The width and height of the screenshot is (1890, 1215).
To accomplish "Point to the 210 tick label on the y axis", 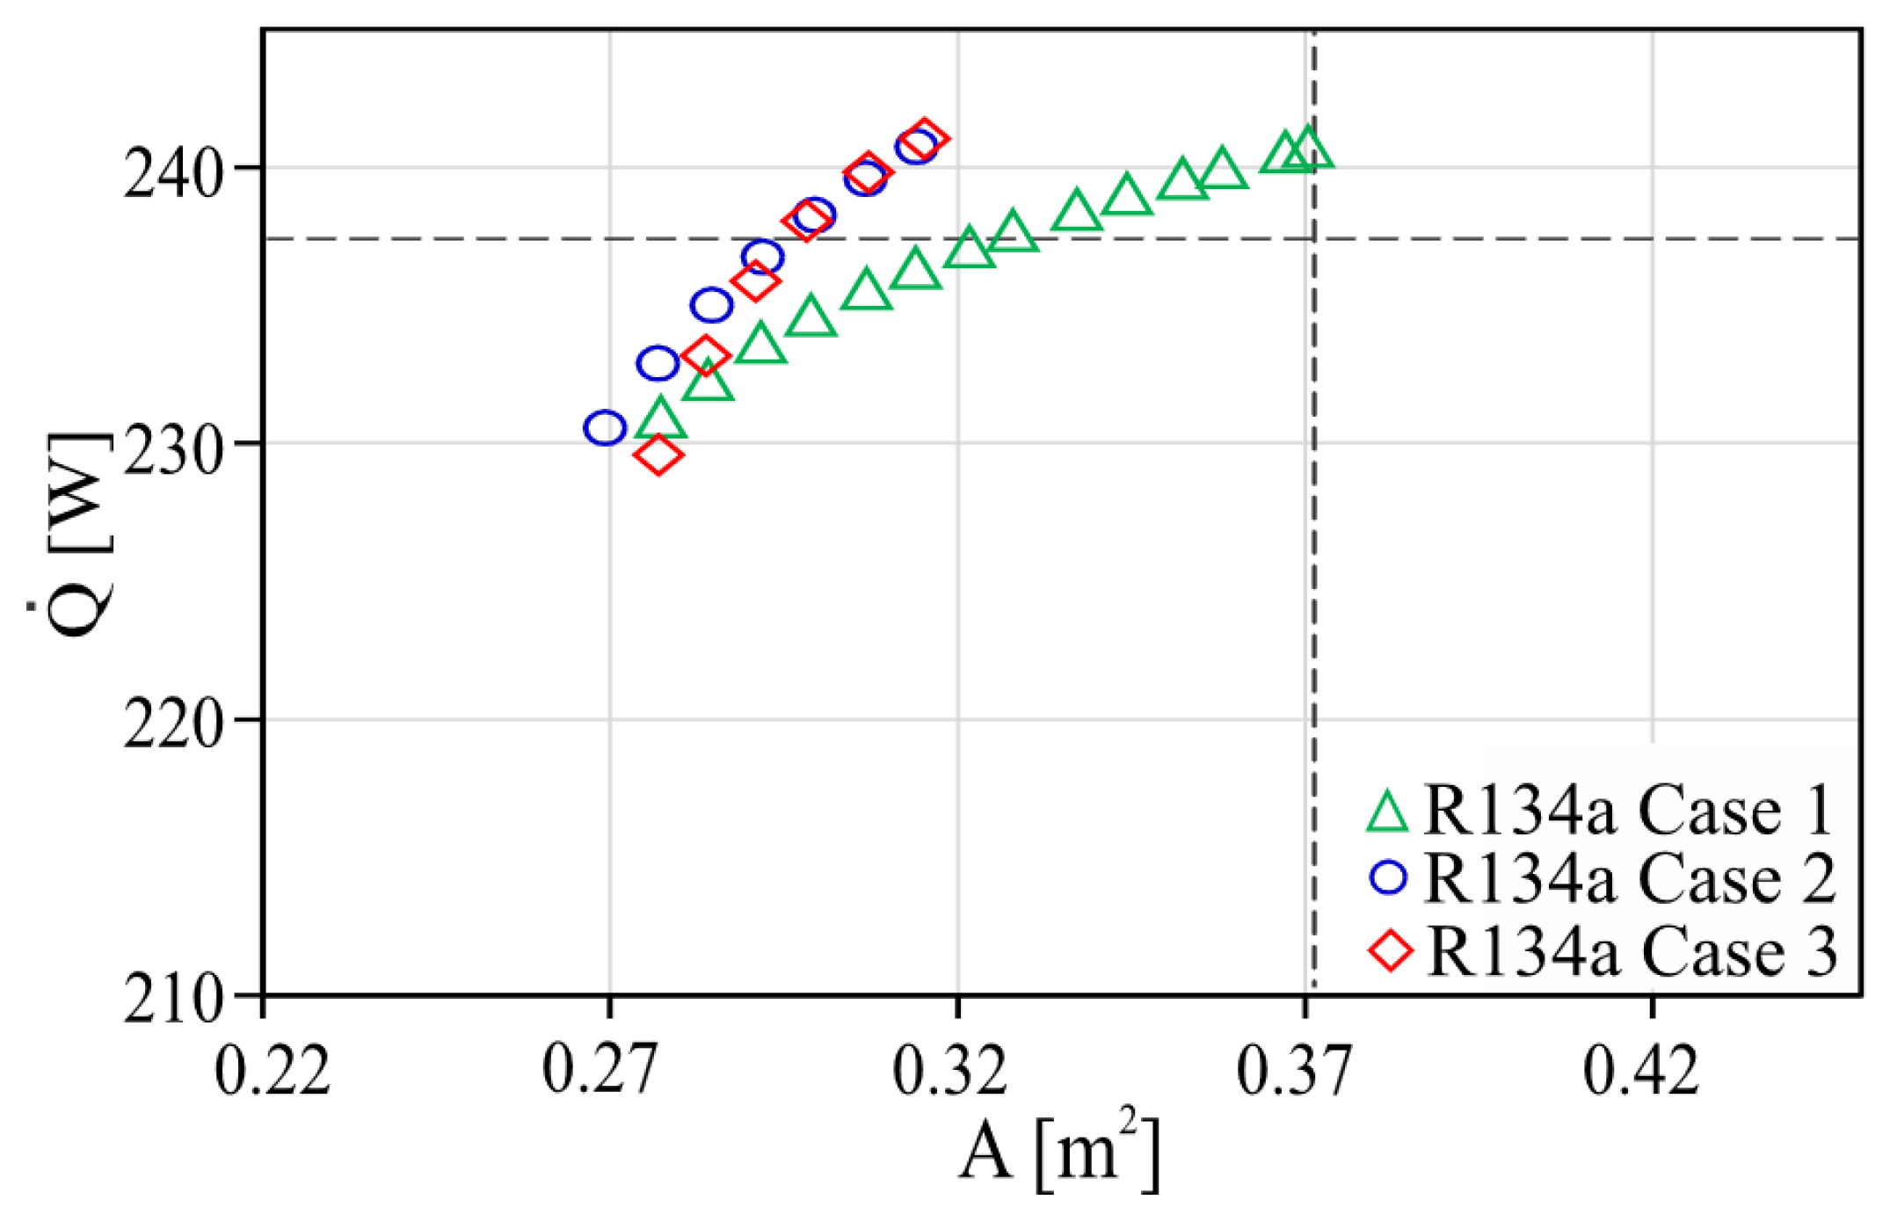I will click(x=171, y=1000).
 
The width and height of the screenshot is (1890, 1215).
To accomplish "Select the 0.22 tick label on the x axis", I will click(x=272, y=1071).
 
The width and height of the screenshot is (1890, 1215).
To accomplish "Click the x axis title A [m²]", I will click(x=1059, y=1151).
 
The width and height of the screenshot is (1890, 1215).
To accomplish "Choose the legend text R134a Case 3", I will click(x=1632, y=951).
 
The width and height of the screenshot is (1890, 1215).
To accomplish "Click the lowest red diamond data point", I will click(x=658, y=455).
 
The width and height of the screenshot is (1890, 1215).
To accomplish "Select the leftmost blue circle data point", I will click(x=605, y=427).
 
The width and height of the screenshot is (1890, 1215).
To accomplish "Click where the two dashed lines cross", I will click(x=1313, y=238).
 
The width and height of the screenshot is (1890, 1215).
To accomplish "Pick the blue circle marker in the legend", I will click(x=1389, y=877).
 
